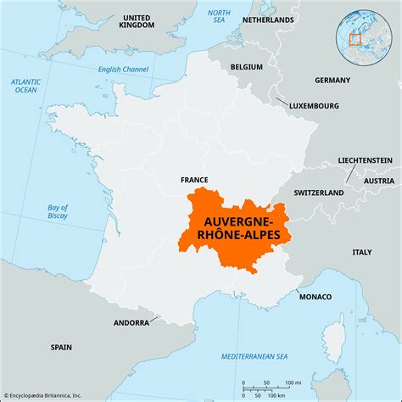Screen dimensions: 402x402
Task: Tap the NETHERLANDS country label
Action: coord(275,19)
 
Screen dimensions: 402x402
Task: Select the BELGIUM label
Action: coord(248,64)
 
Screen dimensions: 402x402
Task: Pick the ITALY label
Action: coord(363,252)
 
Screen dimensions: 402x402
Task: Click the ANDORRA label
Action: coord(131,323)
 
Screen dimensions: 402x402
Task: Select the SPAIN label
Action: coord(61,347)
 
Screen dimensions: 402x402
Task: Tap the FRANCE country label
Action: coord(194,180)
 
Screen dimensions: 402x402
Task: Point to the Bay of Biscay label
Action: coord(58,213)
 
